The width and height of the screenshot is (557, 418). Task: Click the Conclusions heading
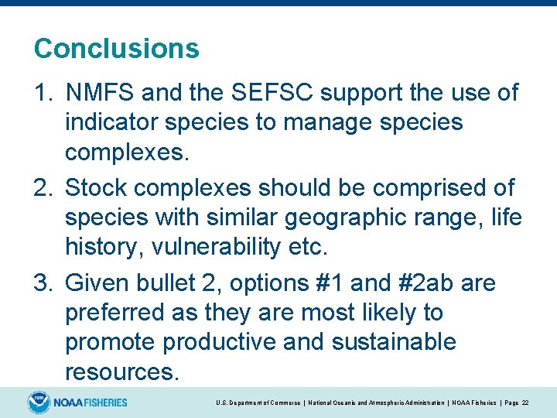(116, 49)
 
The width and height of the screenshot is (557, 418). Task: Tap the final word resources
(122, 372)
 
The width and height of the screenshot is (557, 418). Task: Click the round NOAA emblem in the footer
(38, 403)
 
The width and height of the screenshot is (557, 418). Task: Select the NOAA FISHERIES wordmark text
(91, 403)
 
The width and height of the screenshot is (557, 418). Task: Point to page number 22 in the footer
(525, 403)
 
